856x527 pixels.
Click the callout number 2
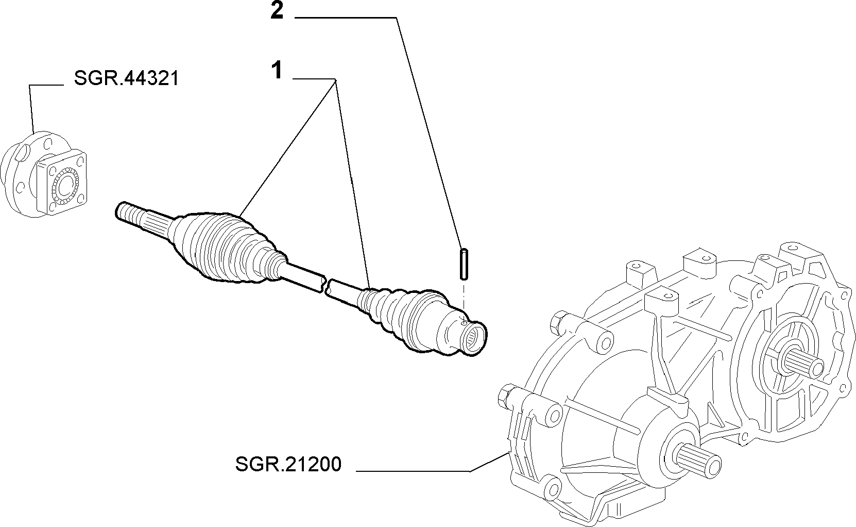(277, 11)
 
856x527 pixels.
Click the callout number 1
(277, 71)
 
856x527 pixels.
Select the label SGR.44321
(127, 79)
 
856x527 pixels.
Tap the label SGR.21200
(288, 465)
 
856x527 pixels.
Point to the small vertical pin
(464, 264)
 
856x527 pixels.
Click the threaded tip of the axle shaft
(129, 213)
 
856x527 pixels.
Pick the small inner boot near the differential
(382, 306)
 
